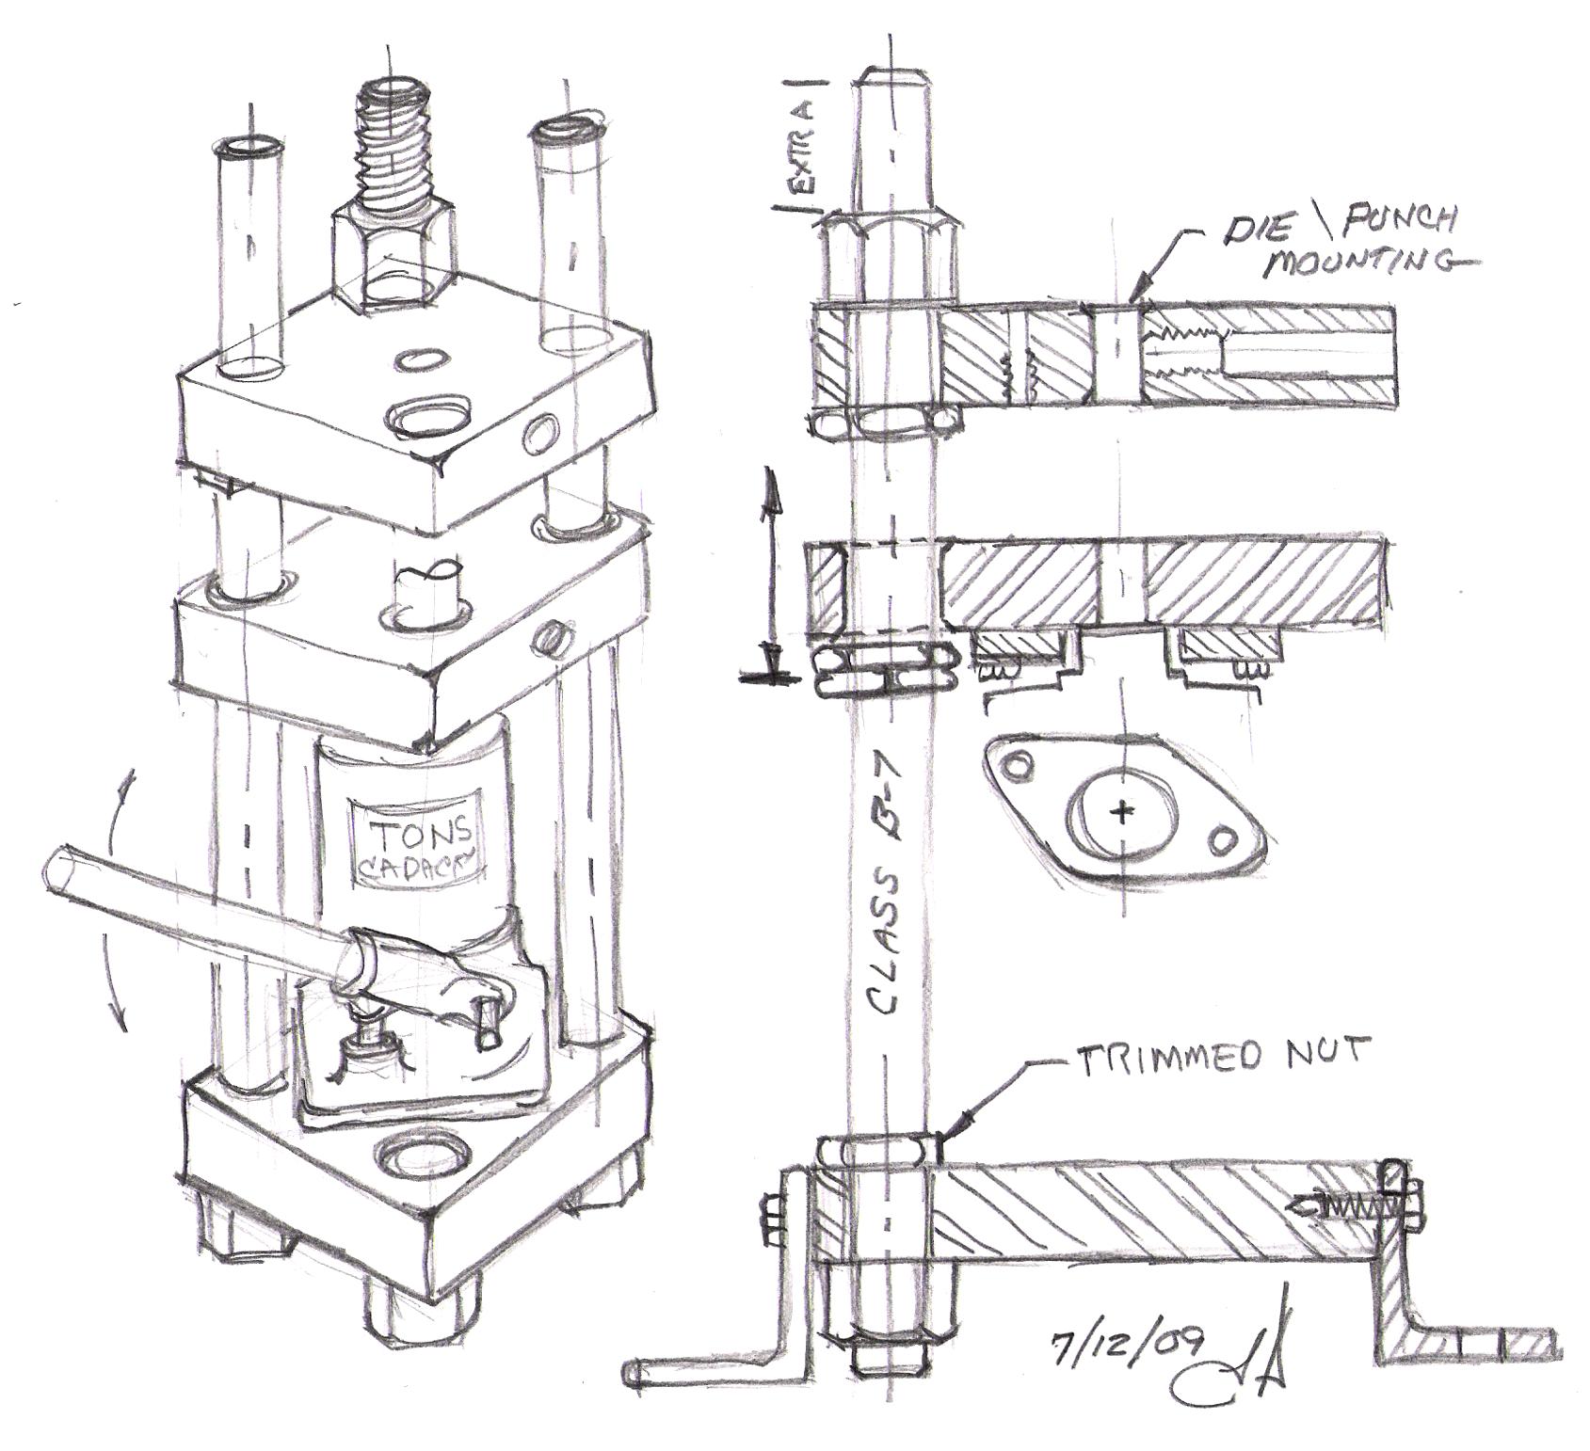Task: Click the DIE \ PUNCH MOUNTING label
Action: click(x=1341, y=239)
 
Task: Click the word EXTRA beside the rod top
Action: click(x=801, y=146)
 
